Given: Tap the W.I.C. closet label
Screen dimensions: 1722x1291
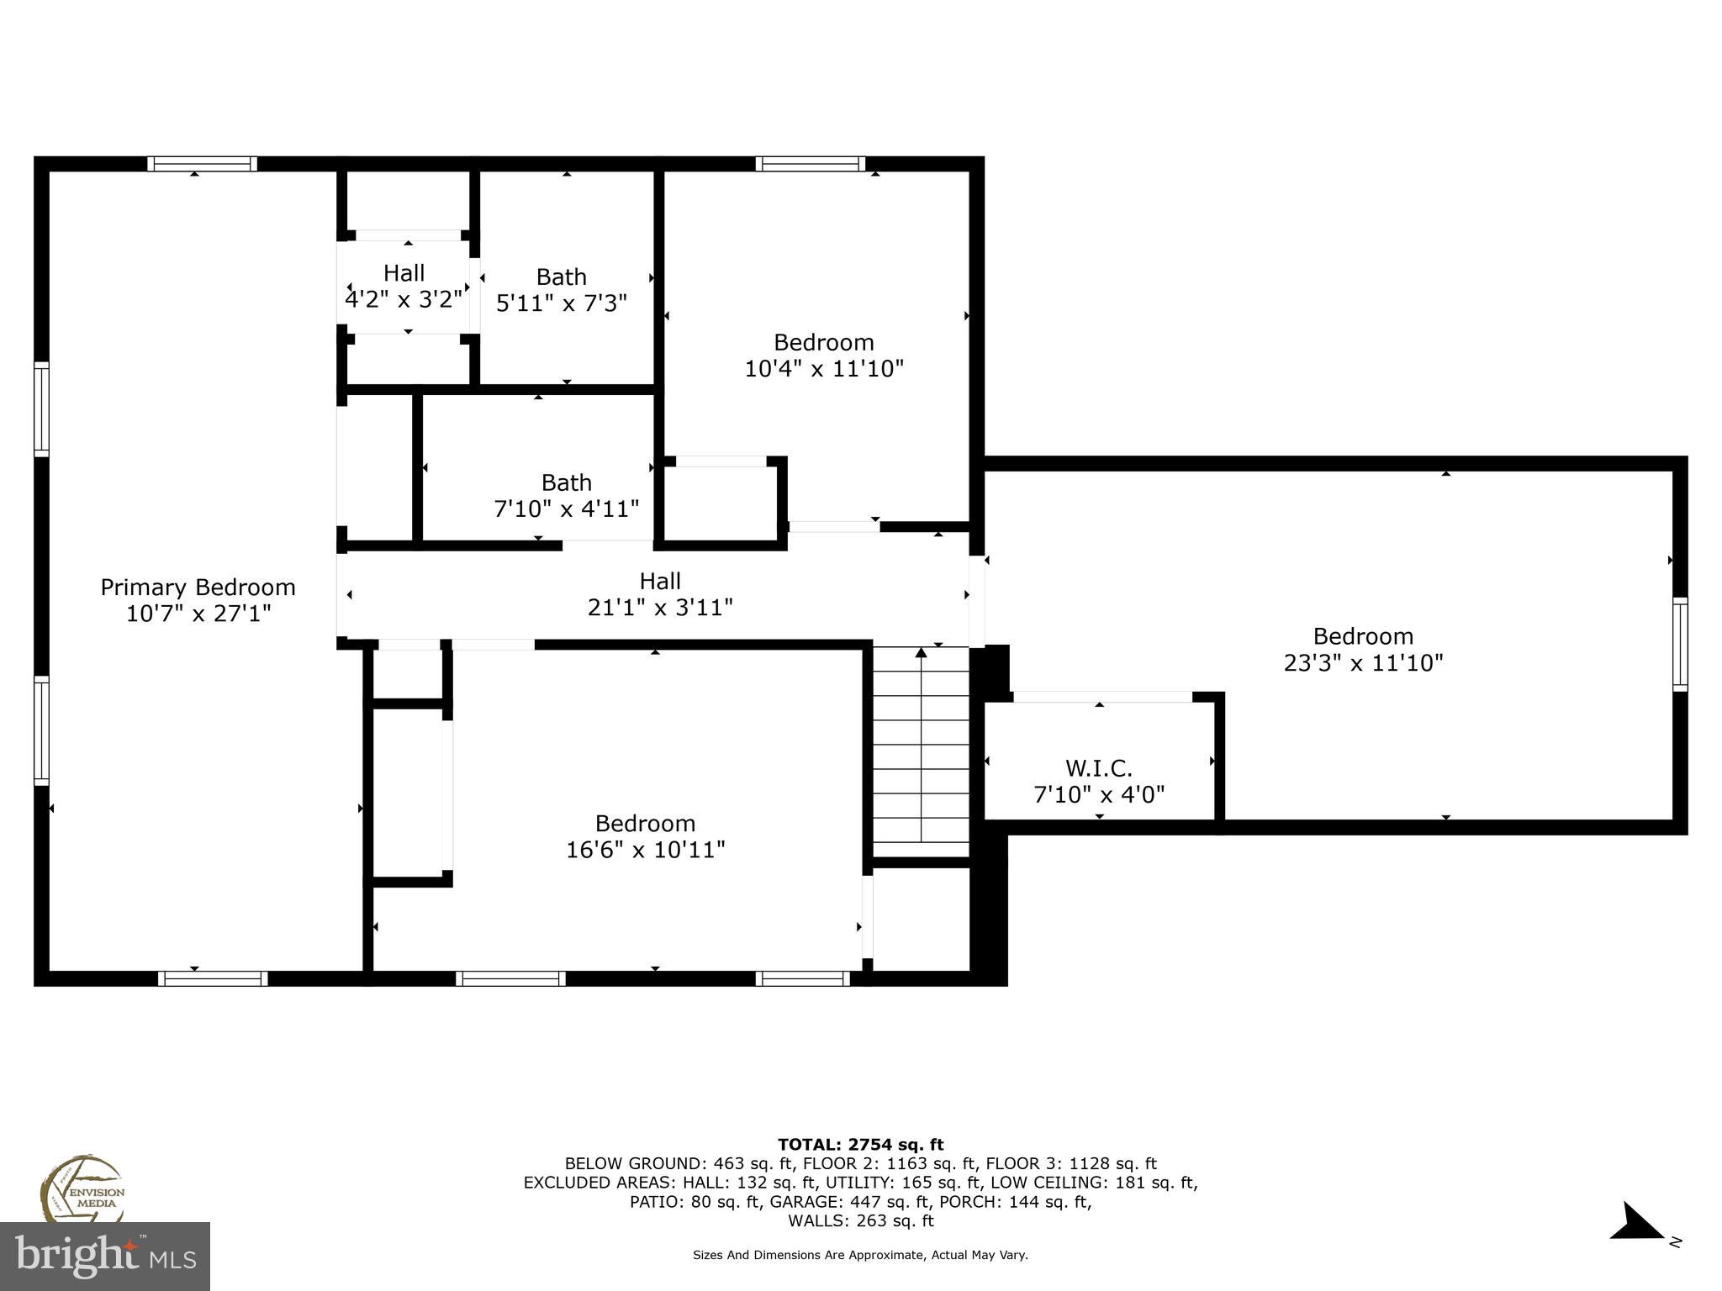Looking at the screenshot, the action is tap(1099, 768).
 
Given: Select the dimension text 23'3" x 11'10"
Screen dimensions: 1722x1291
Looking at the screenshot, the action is tap(1363, 662).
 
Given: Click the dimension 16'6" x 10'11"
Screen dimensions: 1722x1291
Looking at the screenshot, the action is tap(645, 850).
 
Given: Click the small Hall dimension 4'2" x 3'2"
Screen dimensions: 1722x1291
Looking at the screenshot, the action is tap(404, 299).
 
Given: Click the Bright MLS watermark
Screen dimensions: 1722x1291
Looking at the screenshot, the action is tap(105, 1256).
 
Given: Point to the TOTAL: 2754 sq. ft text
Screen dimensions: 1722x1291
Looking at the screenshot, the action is tap(860, 1145).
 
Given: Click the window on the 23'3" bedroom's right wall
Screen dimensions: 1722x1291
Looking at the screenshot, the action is tap(1680, 644).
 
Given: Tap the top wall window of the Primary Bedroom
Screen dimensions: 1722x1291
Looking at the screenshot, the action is tap(203, 164).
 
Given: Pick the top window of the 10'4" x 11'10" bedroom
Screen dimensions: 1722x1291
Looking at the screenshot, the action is tap(811, 164).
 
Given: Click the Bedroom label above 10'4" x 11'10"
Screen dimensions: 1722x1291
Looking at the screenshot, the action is tap(824, 342).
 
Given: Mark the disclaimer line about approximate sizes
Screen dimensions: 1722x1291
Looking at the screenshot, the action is tap(860, 1255).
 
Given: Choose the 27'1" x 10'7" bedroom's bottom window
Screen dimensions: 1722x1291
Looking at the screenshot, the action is tap(213, 978).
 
